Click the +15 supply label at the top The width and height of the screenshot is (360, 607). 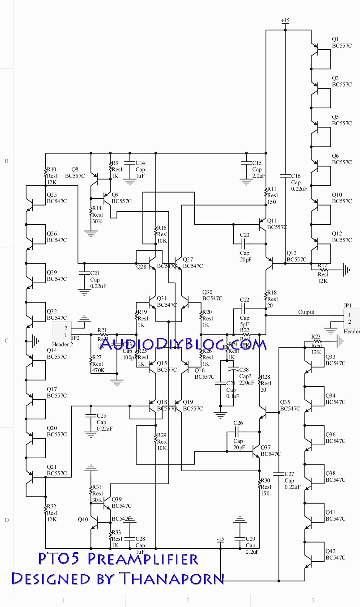click(285, 21)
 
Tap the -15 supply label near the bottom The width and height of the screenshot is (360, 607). click(220, 539)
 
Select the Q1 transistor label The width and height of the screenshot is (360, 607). click(335, 39)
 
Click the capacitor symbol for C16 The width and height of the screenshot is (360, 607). click(285, 176)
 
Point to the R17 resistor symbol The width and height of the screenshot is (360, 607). click(323, 269)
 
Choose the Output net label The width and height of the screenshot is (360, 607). click(306, 312)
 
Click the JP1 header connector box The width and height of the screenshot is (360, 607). click(349, 318)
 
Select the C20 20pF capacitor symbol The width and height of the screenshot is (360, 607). click(244, 244)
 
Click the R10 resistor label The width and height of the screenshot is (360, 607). click(52, 169)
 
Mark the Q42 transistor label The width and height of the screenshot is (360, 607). click(330, 551)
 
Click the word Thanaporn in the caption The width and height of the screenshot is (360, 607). click(172, 579)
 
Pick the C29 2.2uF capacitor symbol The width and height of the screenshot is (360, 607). click(240, 539)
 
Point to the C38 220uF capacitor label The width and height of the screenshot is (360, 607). click(244, 370)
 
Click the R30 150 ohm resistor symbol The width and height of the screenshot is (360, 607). click(259, 484)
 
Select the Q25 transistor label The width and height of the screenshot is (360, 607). click(52, 194)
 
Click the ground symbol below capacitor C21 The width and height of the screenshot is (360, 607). click(84, 293)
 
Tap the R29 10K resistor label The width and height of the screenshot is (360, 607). click(162, 435)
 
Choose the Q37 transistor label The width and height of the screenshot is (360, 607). click(266, 448)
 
